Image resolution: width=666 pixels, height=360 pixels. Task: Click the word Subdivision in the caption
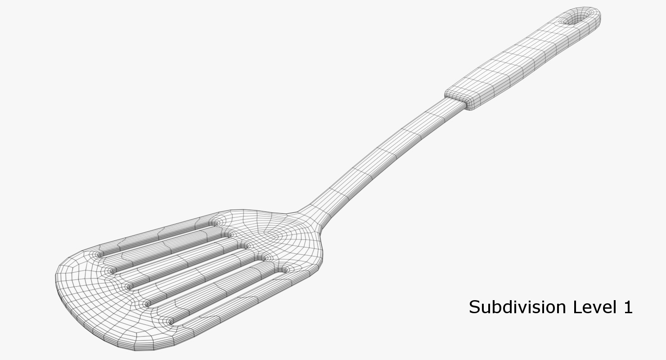click(517, 307)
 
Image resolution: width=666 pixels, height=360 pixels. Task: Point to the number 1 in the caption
click(628, 307)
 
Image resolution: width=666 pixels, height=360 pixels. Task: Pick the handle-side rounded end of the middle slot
click(245, 246)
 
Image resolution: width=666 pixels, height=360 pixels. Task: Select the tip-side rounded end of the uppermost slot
click(100, 254)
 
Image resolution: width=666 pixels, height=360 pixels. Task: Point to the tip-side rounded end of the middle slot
click(130, 286)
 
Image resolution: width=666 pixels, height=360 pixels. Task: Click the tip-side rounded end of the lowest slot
click(170, 321)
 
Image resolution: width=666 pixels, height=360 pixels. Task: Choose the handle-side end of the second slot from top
click(229, 234)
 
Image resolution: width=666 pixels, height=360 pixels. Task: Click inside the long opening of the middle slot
click(189, 265)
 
